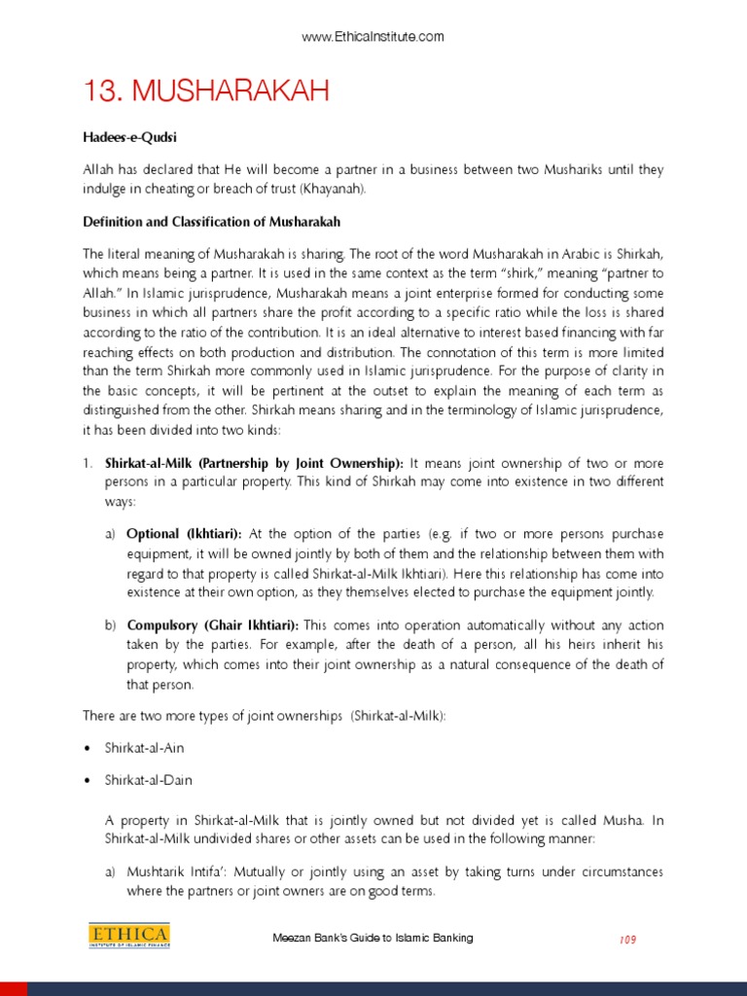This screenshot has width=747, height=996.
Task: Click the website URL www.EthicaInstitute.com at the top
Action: (373, 37)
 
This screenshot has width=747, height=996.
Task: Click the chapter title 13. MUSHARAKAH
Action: (206, 92)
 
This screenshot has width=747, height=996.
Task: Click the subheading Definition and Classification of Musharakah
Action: (211, 223)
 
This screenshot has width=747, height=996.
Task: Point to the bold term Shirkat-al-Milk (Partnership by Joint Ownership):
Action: (255, 463)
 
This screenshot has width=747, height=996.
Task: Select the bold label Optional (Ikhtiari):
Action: (185, 534)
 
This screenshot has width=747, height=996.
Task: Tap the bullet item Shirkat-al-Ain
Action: (145, 747)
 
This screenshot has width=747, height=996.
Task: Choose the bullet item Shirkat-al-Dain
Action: (149, 781)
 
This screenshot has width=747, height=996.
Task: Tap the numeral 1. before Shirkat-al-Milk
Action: (88, 463)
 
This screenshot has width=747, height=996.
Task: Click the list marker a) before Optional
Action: (111, 534)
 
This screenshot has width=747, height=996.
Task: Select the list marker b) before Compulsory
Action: (111, 623)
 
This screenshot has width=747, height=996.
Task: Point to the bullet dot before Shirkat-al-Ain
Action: (88, 747)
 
